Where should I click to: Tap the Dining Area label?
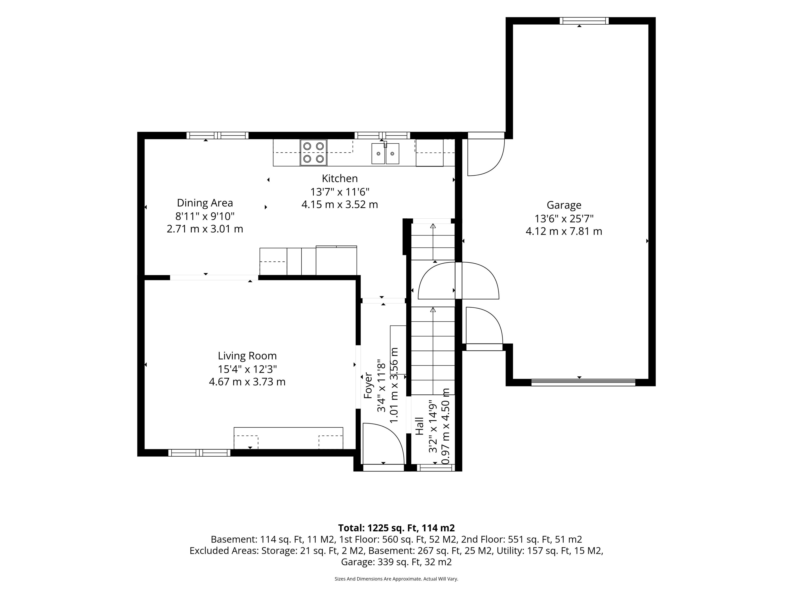pyautogui.click(x=205, y=203)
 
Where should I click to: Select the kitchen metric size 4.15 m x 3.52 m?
pyautogui.click(x=340, y=205)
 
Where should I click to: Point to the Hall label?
pyautogui.click(x=419, y=426)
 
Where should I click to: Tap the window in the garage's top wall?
pyautogui.click(x=584, y=21)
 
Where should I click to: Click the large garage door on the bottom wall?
pyautogui.click(x=583, y=382)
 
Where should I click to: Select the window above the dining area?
pyautogui.click(x=217, y=136)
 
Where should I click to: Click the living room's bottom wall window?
pyautogui.click(x=199, y=453)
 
